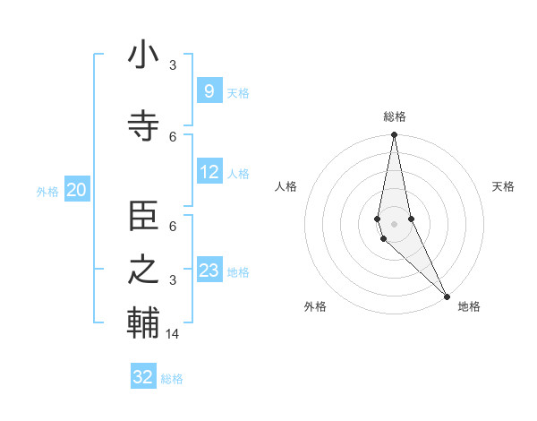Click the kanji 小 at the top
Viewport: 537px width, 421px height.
point(143,56)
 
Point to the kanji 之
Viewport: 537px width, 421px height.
point(143,271)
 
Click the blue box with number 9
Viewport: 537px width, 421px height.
point(209,91)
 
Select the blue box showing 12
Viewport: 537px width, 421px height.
point(209,172)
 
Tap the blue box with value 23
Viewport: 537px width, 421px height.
point(209,271)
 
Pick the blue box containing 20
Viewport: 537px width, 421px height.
point(77,190)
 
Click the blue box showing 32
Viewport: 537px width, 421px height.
point(143,377)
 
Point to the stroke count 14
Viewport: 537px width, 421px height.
point(173,334)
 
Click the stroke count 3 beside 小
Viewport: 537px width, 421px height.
point(173,65)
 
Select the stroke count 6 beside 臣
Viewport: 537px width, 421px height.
point(173,228)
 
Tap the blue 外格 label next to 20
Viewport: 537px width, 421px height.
point(47,191)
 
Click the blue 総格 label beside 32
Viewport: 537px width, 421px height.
point(172,379)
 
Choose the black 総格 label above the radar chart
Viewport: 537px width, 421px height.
point(395,117)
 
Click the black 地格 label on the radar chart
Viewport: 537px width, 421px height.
point(469,306)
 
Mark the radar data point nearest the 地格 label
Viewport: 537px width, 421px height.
point(447,295)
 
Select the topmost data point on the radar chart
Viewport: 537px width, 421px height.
point(394,135)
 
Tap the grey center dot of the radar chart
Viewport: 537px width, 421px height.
point(394,223)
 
